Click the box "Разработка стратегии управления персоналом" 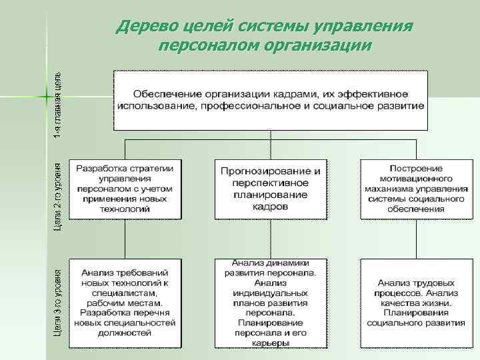(125, 189)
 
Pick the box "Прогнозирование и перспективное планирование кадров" (270, 189)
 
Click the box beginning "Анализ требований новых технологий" (125, 302)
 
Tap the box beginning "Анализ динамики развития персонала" (270, 302)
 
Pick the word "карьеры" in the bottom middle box (270, 343)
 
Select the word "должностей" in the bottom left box (125, 333)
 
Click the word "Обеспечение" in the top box (164, 93)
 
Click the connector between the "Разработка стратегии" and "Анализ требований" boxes (125, 238)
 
